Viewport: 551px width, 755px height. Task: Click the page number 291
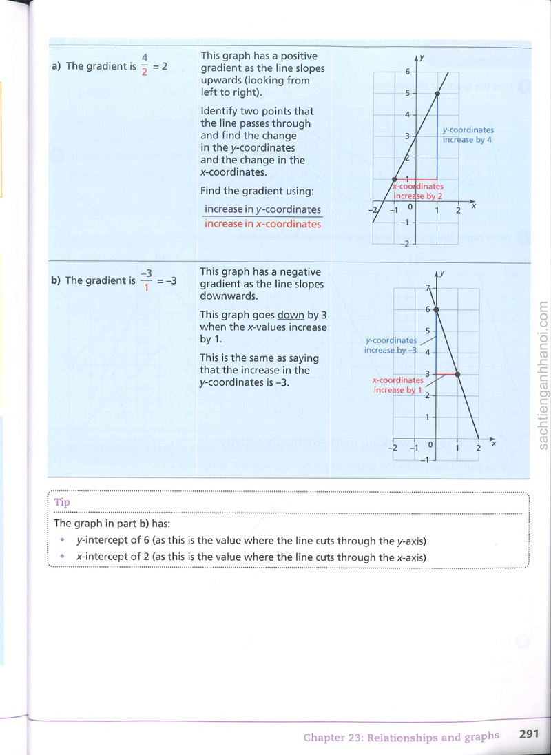pyautogui.click(x=529, y=734)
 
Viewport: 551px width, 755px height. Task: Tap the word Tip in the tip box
pyautogui.click(x=62, y=502)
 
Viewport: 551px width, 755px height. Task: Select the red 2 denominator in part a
pyautogui.click(x=145, y=72)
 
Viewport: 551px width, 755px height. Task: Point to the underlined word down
pyautogui.click(x=291, y=315)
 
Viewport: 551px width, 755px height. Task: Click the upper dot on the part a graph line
pyautogui.click(x=437, y=94)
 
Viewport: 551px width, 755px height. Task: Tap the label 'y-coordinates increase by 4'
pyautogui.click(x=468, y=135)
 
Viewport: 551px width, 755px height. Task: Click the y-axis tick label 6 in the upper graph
pyautogui.click(x=408, y=72)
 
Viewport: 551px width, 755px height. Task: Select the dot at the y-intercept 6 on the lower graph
pyautogui.click(x=436, y=309)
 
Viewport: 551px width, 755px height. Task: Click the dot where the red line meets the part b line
pyautogui.click(x=457, y=374)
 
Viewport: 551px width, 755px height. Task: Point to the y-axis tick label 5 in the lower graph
pyautogui.click(x=427, y=331)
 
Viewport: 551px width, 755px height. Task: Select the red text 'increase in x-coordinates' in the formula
pyautogui.click(x=262, y=224)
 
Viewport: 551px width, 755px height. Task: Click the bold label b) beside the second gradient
pyautogui.click(x=56, y=280)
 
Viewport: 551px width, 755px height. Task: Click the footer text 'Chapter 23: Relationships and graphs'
pyautogui.click(x=402, y=737)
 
